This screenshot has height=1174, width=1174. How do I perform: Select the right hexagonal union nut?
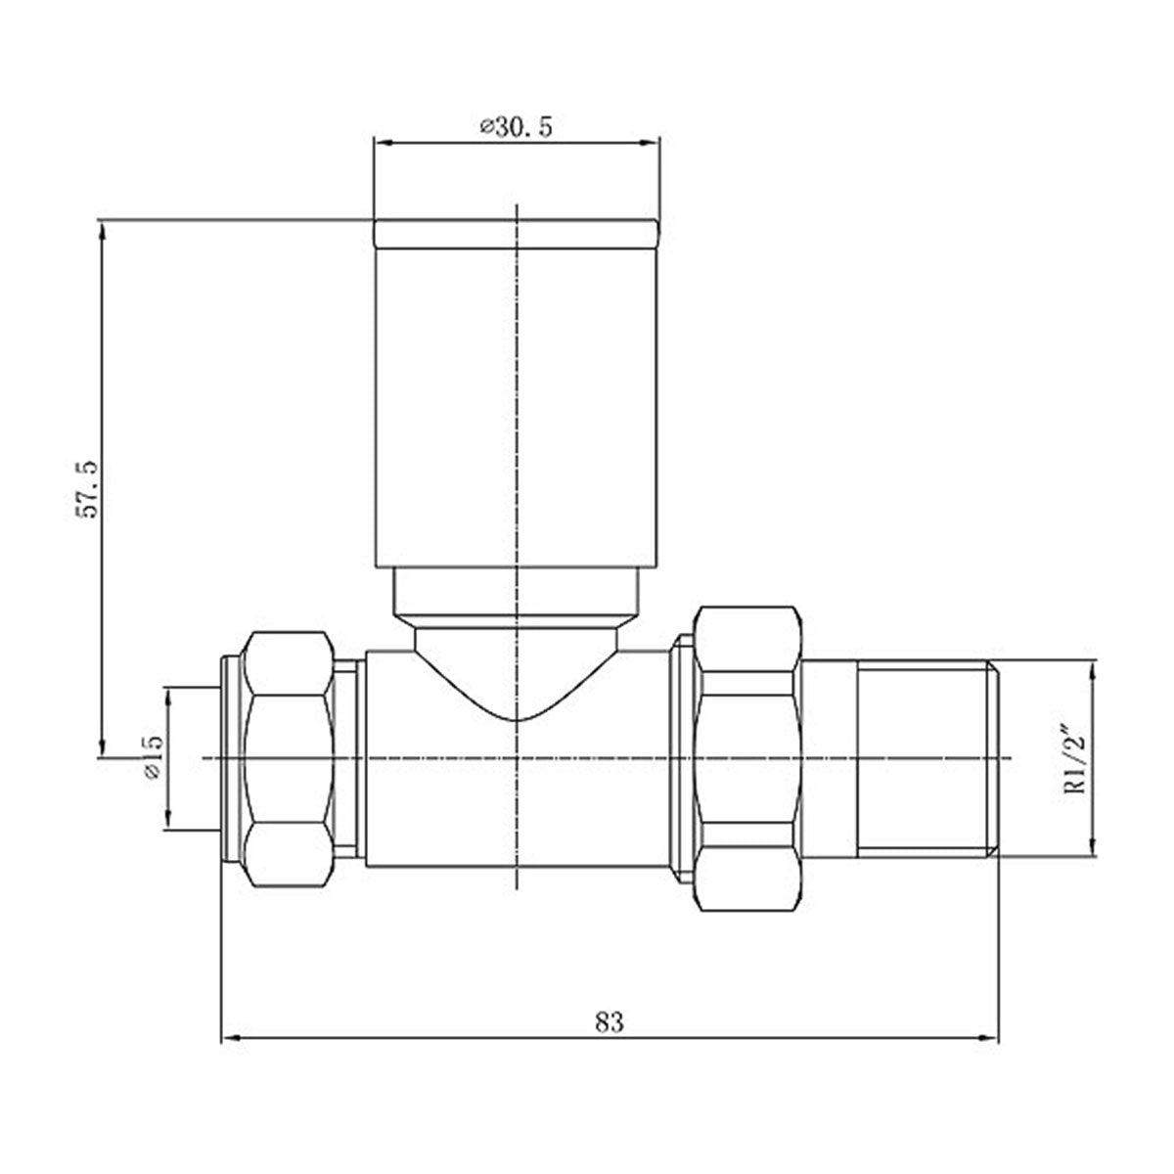pyautogui.click(x=747, y=759)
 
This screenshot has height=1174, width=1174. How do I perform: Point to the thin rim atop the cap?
pyautogui.click(x=517, y=233)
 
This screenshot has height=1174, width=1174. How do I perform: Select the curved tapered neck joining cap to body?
pyautogui.click(x=517, y=665)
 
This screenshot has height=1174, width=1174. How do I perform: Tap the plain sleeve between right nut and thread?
pyautogui.click(x=830, y=759)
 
